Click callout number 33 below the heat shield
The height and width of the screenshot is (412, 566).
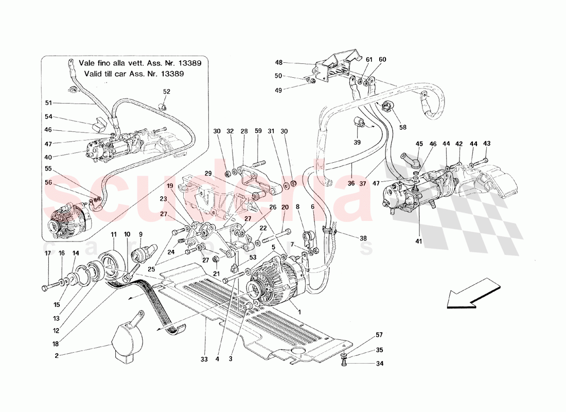(204, 359)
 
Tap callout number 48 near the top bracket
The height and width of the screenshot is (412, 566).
(279, 63)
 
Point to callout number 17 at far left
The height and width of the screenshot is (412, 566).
(47, 253)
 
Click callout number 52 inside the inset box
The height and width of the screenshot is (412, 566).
(167, 92)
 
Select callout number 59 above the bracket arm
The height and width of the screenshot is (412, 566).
(258, 131)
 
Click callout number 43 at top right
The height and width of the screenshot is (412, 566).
(487, 143)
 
